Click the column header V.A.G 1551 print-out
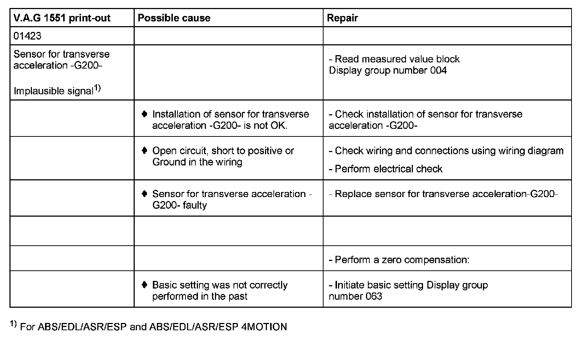click(62, 18)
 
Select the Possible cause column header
click(174, 18)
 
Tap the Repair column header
click(342, 18)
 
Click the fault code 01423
click(27, 36)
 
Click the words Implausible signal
click(53, 91)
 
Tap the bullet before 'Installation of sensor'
click(145, 114)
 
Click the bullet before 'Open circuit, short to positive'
click(145, 151)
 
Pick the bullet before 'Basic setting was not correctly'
click(145, 285)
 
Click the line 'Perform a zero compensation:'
click(399, 260)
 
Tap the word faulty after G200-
click(195, 205)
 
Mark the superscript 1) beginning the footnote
click(13, 324)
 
